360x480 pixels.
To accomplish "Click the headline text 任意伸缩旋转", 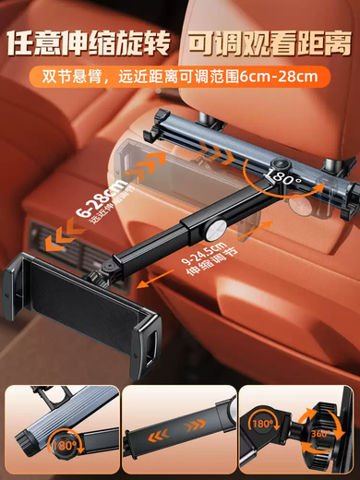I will point(90,42).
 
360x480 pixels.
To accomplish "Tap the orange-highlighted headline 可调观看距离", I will point(268,42).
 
